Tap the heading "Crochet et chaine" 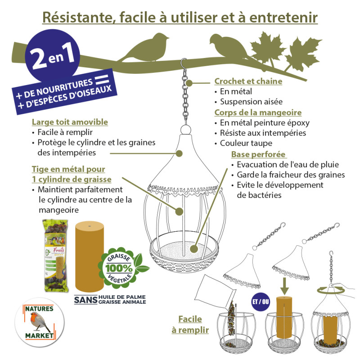click(248, 81)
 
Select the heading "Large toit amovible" click(70, 122)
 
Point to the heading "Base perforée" click(258, 154)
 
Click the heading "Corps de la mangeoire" click(257, 112)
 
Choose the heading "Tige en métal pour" click(68, 169)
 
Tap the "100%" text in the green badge click(120, 268)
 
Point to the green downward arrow click(286, 285)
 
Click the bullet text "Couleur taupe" click(246, 144)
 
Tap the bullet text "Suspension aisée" click(252, 101)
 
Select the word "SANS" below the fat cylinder click(85, 299)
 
